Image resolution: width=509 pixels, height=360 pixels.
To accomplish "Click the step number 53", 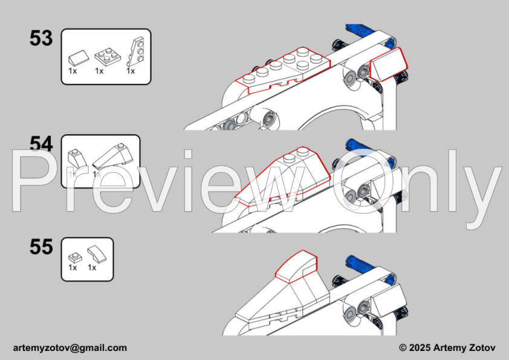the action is pyautogui.click(x=41, y=38).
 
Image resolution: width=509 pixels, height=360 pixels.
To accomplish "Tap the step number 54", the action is pyautogui.click(x=41, y=144).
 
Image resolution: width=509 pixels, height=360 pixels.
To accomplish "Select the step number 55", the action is pyautogui.click(x=41, y=247).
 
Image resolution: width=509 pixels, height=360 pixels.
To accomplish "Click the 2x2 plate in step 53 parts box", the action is pyautogui.click(x=108, y=56).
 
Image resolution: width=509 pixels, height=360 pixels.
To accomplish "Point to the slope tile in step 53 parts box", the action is pyautogui.click(x=79, y=57).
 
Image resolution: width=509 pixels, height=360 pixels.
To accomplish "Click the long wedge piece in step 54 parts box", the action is pyautogui.click(x=112, y=156).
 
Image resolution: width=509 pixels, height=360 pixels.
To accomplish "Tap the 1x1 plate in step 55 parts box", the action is pyautogui.click(x=75, y=258).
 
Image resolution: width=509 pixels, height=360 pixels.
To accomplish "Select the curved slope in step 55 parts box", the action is pyautogui.click(x=97, y=254).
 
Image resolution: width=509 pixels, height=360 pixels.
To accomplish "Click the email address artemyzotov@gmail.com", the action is pyautogui.click(x=70, y=348).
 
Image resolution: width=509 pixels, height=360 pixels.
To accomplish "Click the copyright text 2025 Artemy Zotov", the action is pyautogui.click(x=452, y=348).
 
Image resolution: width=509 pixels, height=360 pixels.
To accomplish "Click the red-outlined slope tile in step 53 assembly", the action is pyautogui.click(x=389, y=64).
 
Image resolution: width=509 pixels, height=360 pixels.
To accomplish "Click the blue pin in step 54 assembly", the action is pyautogui.click(x=361, y=147).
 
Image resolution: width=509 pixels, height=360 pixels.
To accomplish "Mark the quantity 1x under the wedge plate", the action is pyautogui.click(x=131, y=71).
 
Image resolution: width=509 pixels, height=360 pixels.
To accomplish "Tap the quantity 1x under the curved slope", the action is pyautogui.click(x=92, y=267).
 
